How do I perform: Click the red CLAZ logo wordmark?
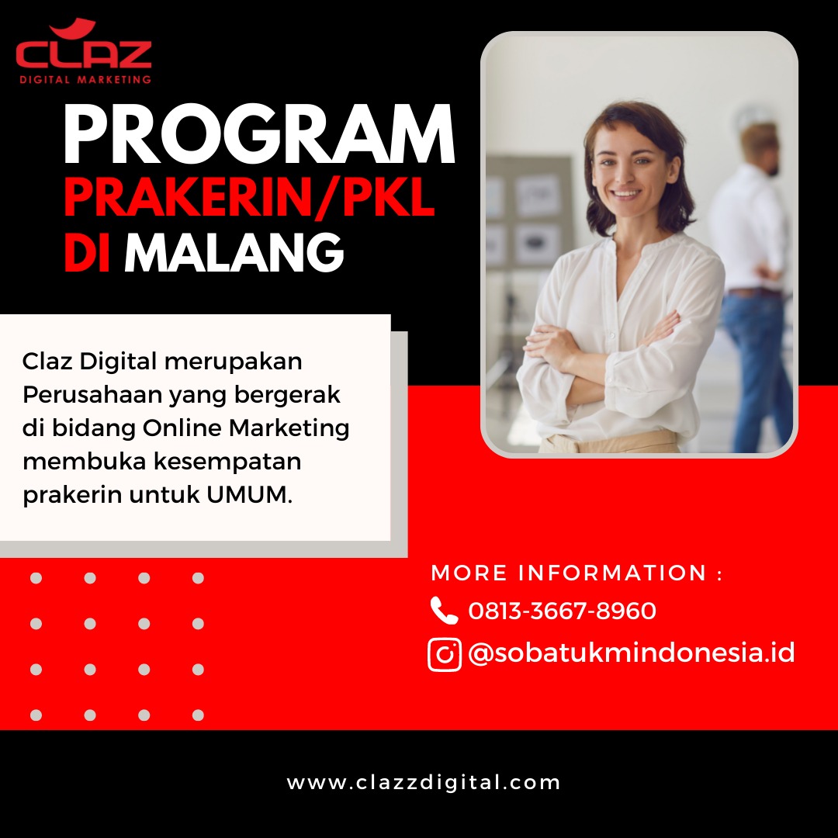pos(84,54)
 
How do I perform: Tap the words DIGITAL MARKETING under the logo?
pos(85,80)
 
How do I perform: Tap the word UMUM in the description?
pos(248,494)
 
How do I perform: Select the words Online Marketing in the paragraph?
pos(246,428)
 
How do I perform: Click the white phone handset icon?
pos(444,611)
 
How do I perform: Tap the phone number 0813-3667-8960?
pos(563,611)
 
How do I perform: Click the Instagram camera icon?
pos(444,654)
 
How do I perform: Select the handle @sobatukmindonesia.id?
pos(631,653)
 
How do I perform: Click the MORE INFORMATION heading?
pos(577,573)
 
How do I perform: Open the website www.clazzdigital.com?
pos(424,782)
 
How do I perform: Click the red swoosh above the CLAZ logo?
pos(73,26)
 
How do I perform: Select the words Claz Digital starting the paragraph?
pos(90,362)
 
